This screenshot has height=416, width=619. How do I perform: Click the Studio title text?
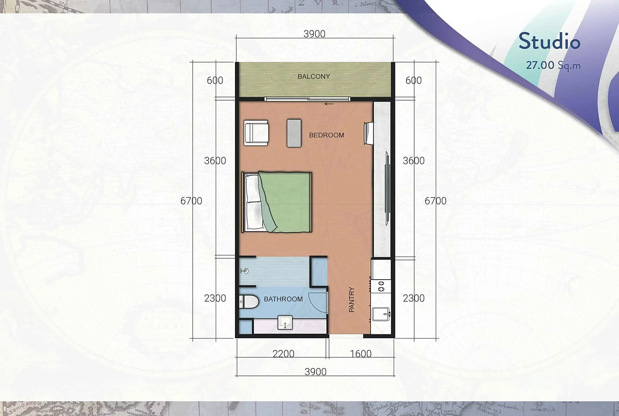pyautogui.click(x=549, y=42)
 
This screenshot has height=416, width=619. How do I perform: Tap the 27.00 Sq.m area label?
pyautogui.click(x=553, y=65)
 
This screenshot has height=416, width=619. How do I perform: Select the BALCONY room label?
pyautogui.click(x=314, y=76)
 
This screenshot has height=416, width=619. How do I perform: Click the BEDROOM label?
pyautogui.click(x=326, y=135)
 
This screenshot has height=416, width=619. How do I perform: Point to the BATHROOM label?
pyautogui.click(x=283, y=299)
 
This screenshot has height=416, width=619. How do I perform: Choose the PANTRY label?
pyautogui.click(x=352, y=300)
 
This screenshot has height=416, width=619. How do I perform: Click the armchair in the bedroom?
pyautogui.click(x=256, y=132)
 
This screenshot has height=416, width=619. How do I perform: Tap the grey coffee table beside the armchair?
pyautogui.click(x=294, y=133)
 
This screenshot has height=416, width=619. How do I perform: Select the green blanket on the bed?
pyautogui.click(x=285, y=202)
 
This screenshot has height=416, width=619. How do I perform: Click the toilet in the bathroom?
pyautogui.click(x=249, y=301)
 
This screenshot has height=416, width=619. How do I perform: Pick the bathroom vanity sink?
pyautogui.click(x=285, y=323)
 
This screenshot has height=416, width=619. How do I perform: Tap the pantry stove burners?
pyautogui.click(x=381, y=286)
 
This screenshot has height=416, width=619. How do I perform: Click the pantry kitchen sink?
pyautogui.click(x=381, y=314)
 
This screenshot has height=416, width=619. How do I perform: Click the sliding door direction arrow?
pyautogui.click(x=329, y=104)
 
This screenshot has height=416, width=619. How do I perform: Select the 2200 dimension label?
pyautogui.click(x=283, y=354)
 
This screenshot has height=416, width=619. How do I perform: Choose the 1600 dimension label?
pyautogui.click(x=361, y=354)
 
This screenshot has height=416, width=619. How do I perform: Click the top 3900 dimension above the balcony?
pyautogui.click(x=314, y=34)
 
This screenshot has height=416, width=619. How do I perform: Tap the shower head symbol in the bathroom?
pyautogui.click(x=245, y=271)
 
